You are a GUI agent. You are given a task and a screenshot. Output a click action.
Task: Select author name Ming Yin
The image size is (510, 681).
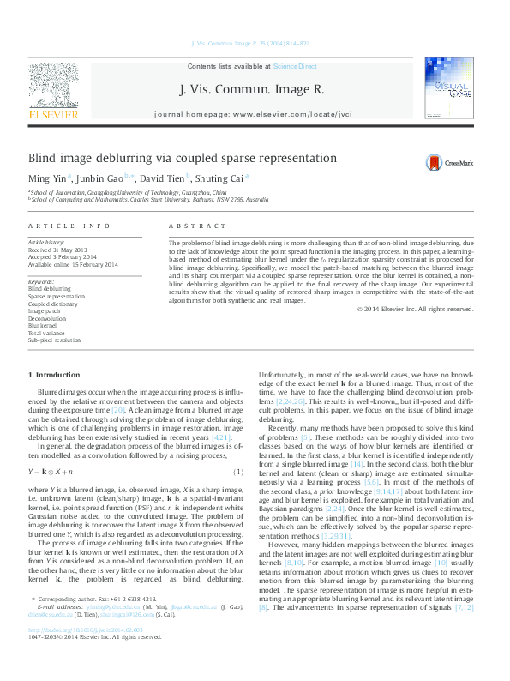[49, 178]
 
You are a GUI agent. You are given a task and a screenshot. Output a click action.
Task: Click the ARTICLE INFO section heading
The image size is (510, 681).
[69, 226]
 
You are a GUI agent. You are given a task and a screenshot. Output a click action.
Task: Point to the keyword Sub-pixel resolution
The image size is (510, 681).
[55, 340]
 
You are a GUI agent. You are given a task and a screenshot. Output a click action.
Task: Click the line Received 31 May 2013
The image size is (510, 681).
[63, 250]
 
